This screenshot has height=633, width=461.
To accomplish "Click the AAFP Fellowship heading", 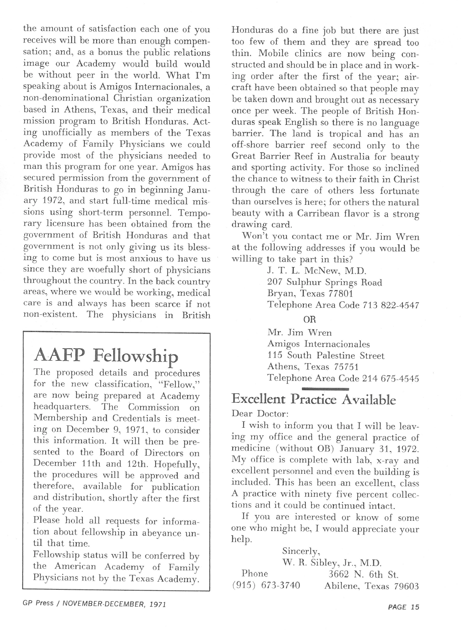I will (x=106, y=355).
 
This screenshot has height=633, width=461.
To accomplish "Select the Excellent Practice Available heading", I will (x=314, y=400).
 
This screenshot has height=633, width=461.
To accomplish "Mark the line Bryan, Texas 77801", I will (x=310, y=294).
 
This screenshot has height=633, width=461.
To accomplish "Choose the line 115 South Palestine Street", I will (x=326, y=356).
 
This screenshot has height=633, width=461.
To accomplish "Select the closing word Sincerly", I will (x=301, y=551).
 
